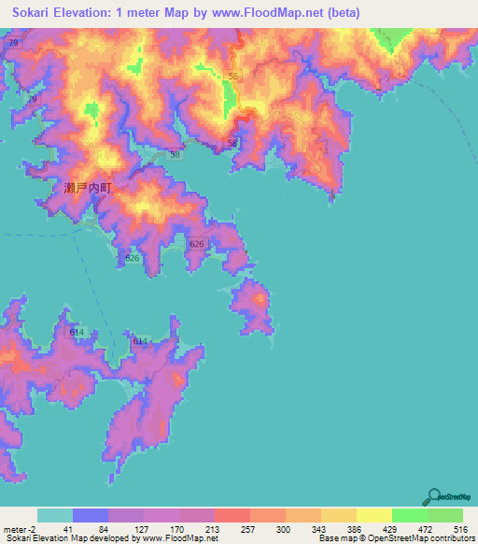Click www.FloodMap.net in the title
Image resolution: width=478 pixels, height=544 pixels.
[274, 12]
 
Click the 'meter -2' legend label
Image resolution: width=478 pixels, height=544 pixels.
[19, 528]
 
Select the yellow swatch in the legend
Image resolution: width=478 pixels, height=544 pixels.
[373, 515]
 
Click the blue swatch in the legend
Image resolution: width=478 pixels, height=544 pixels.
[90, 515]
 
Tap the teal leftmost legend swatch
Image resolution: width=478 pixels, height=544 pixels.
[54, 515]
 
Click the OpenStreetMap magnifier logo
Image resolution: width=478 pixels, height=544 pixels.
[435, 495]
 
